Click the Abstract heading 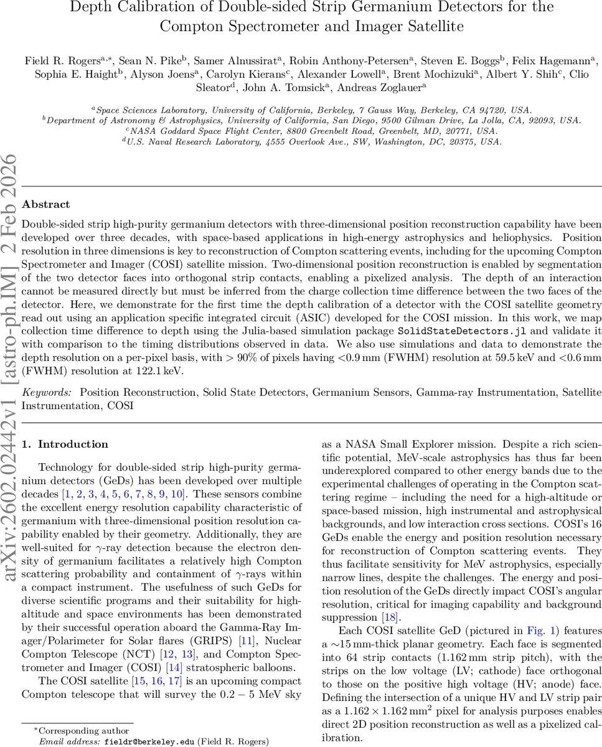45,204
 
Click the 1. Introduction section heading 65,444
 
